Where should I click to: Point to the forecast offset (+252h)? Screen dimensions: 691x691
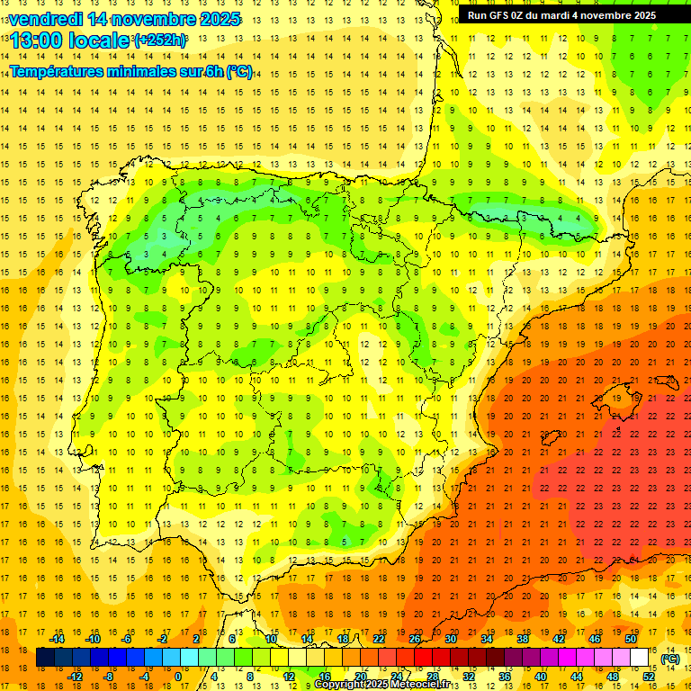(x=160, y=40)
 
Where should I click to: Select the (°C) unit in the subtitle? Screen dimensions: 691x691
(x=238, y=71)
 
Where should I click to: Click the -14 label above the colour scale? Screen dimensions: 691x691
(x=58, y=639)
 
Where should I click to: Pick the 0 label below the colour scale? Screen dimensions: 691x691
(x=178, y=677)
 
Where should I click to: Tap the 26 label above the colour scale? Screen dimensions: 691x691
(x=414, y=639)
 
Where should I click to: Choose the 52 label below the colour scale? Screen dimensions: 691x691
(x=648, y=677)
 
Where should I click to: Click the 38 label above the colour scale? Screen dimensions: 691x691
(x=522, y=639)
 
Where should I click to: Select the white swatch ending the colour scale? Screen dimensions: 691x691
(x=640, y=658)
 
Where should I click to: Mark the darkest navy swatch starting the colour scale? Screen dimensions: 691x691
(x=45, y=658)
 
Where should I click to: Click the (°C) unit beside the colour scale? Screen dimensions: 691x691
(x=670, y=659)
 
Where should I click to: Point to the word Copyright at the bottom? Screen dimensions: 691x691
(x=341, y=685)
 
